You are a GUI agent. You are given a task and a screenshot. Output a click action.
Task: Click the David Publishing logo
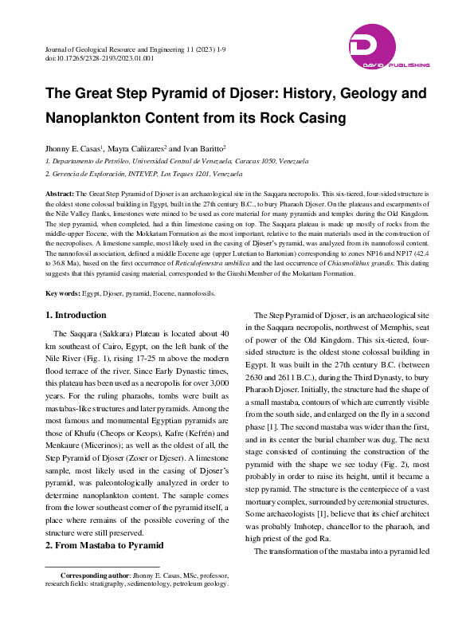[x=389, y=47]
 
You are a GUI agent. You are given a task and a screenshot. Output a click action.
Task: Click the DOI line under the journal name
[x=100, y=58]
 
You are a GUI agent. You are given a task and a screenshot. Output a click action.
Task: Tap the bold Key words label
[x=64, y=293]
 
